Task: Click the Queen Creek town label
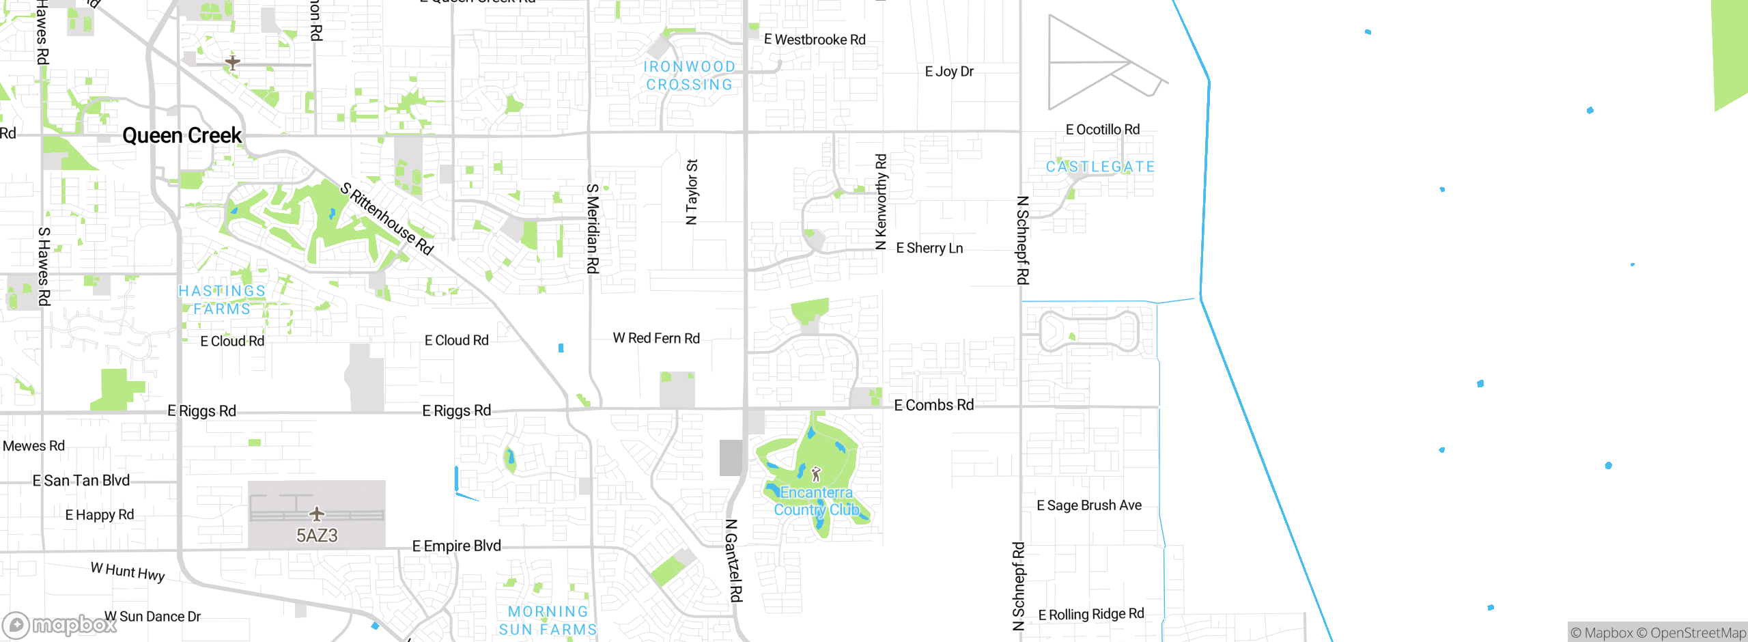[x=182, y=135]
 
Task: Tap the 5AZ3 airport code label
[x=317, y=535]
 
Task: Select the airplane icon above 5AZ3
[x=317, y=514]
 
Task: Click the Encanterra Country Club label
[x=816, y=501]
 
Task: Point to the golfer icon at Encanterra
[x=816, y=474]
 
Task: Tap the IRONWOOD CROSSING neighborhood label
[x=690, y=76]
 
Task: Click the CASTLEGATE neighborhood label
[x=1100, y=167]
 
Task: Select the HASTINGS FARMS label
[x=222, y=300]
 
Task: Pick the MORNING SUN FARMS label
[x=548, y=621]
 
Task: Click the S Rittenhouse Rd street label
[x=387, y=219]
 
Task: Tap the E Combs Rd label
[x=933, y=405]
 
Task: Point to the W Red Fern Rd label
[x=656, y=338]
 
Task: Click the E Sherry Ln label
[x=929, y=248]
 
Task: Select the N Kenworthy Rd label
[x=882, y=201]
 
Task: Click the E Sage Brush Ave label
[x=1089, y=505]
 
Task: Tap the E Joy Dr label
[x=949, y=71]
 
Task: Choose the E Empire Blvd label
[x=457, y=546]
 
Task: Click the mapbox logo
[x=60, y=624]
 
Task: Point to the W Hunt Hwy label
[x=128, y=571]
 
